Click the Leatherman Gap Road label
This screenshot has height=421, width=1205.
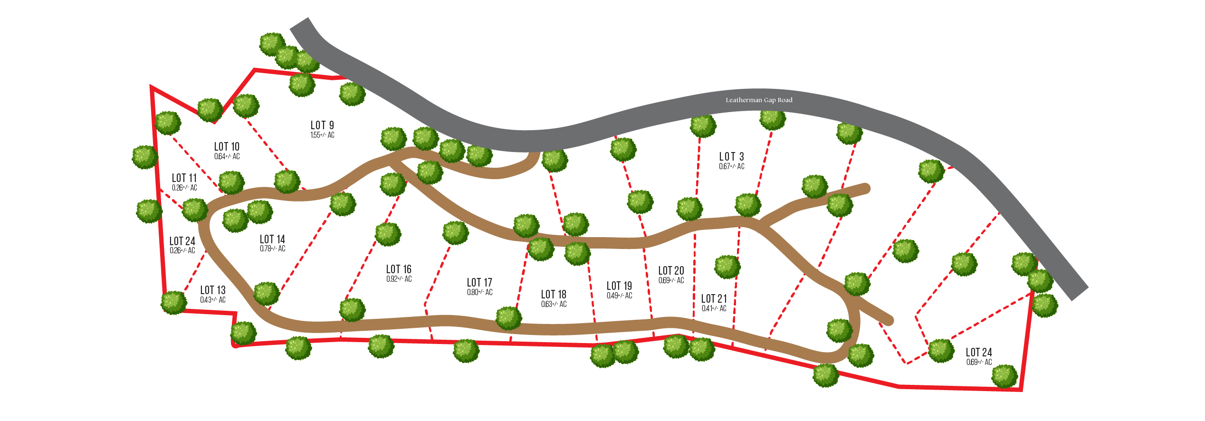pyautogui.click(x=759, y=100)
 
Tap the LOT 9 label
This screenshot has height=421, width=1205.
pyautogui.click(x=322, y=125)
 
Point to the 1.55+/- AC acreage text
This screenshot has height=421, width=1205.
pyautogui.click(x=322, y=135)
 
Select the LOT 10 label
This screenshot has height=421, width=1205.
pyautogui.click(x=227, y=146)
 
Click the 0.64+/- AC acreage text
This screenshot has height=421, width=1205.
pyautogui.click(x=227, y=156)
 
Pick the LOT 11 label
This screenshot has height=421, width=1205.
pyautogui.click(x=184, y=178)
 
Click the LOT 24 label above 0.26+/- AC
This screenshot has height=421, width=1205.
pyautogui.click(x=182, y=241)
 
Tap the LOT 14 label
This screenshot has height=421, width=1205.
pyautogui.click(x=272, y=239)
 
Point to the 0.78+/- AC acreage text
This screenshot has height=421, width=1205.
pyautogui.click(x=272, y=249)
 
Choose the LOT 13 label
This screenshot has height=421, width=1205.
pyautogui.click(x=213, y=290)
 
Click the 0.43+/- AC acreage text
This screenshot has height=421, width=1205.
pyautogui.click(x=213, y=300)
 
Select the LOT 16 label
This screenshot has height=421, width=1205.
pyautogui.click(x=399, y=269)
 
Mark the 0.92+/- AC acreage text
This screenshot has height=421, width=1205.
pyautogui.click(x=399, y=279)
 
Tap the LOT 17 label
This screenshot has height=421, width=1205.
pyautogui.click(x=479, y=282)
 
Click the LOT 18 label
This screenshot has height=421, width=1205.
pyautogui.click(x=554, y=294)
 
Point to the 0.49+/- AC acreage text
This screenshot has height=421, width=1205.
pyautogui.click(x=619, y=296)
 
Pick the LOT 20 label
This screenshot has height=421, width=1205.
pyautogui.click(x=671, y=270)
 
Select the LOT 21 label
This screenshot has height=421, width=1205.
pyautogui.click(x=714, y=298)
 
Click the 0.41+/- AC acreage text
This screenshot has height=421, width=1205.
pyautogui.click(x=714, y=308)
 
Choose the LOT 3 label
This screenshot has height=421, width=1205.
pyautogui.click(x=732, y=156)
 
